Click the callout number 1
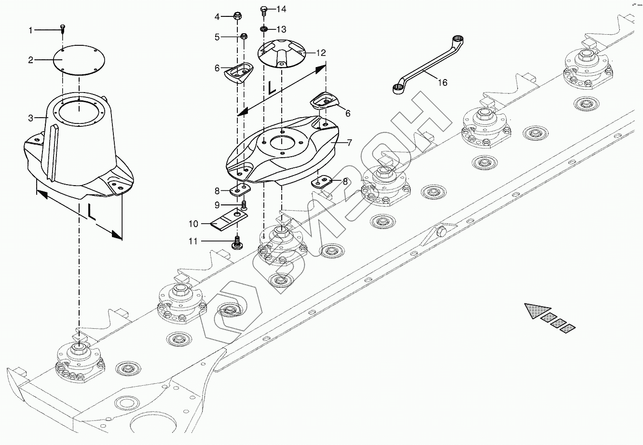pyautogui.click(x=31, y=30)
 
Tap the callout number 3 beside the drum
pyautogui.click(x=31, y=118)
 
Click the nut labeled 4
pyautogui.click(x=237, y=17)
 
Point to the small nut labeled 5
pyautogui.click(x=244, y=37)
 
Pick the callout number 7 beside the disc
pyautogui.click(x=349, y=143)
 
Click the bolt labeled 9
pyautogui.click(x=244, y=205)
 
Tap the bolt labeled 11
pyautogui.click(x=237, y=243)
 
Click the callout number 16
pyautogui.click(x=442, y=83)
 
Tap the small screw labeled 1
pyautogui.click(x=63, y=29)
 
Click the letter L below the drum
pyautogui.click(x=91, y=212)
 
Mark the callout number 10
pyautogui.click(x=193, y=224)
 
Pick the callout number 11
pyautogui.click(x=193, y=241)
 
